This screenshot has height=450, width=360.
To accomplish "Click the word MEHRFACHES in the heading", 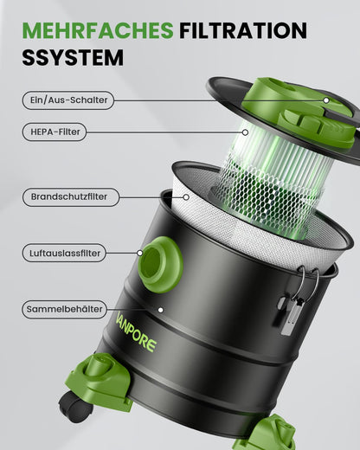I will [x=98, y=31].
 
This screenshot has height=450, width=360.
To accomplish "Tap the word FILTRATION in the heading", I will [x=243, y=31].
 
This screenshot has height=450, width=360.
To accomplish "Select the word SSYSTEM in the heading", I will [x=74, y=59].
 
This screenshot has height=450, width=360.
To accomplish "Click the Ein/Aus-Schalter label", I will [x=67, y=100].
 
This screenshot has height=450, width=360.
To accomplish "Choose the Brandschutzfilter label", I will [x=69, y=196].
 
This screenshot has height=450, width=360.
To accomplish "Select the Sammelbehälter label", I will [x=66, y=308].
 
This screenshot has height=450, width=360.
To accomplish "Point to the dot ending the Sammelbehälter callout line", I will [x=159, y=308].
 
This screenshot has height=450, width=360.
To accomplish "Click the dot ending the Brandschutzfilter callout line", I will [x=185, y=197].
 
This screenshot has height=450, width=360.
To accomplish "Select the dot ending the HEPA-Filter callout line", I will [x=246, y=132].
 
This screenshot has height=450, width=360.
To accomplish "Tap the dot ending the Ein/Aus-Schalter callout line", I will [x=326, y=100].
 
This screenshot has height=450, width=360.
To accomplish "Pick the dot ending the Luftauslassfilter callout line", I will [x=140, y=253].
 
